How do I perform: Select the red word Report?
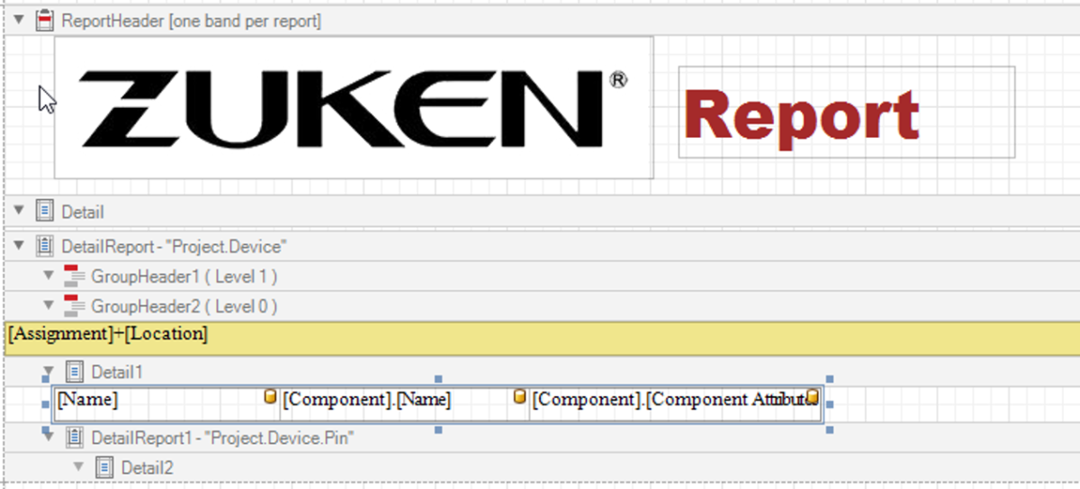(x=801, y=116)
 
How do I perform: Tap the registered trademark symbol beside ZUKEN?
(x=618, y=80)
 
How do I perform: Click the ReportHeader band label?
(x=191, y=20)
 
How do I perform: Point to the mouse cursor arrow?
(x=46, y=97)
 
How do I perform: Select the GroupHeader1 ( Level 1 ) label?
(x=184, y=276)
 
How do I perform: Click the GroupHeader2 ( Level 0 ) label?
(x=184, y=306)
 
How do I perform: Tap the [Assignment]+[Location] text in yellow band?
(x=108, y=334)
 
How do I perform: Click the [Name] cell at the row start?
(x=88, y=399)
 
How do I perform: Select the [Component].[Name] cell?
(x=367, y=399)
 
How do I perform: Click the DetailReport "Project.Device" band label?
(x=174, y=246)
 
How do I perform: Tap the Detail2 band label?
(x=148, y=467)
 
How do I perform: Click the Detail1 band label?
(x=117, y=371)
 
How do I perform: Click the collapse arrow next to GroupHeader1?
(x=49, y=276)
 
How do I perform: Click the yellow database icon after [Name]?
(x=270, y=396)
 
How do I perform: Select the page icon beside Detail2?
(x=105, y=467)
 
